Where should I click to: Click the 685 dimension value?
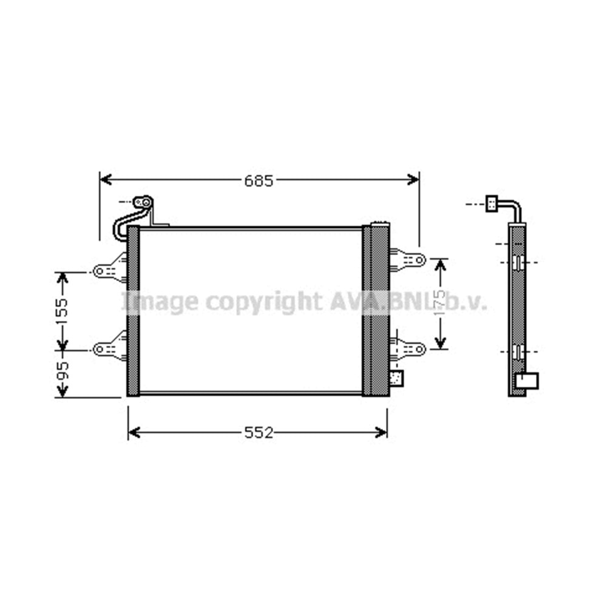coord(259,180)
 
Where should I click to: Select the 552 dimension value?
coord(259,432)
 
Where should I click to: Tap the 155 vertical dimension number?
coord(62,311)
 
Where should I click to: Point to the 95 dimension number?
coord(62,371)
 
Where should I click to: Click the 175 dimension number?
coord(440,303)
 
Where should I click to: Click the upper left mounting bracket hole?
coord(100,271)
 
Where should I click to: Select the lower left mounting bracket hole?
coord(100,349)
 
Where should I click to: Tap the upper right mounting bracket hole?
coord(419,260)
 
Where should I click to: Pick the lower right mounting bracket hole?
coord(419,349)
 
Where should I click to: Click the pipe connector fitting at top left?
coord(143,202)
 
